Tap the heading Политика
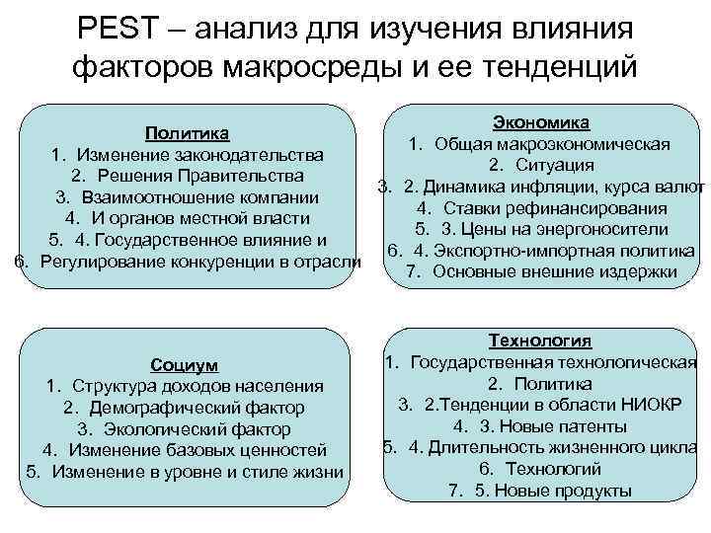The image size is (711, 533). (188, 133)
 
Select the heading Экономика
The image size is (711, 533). (540, 122)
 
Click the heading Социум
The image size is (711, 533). (185, 363)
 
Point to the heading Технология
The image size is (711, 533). (540, 341)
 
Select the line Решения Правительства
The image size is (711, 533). (188, 176)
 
